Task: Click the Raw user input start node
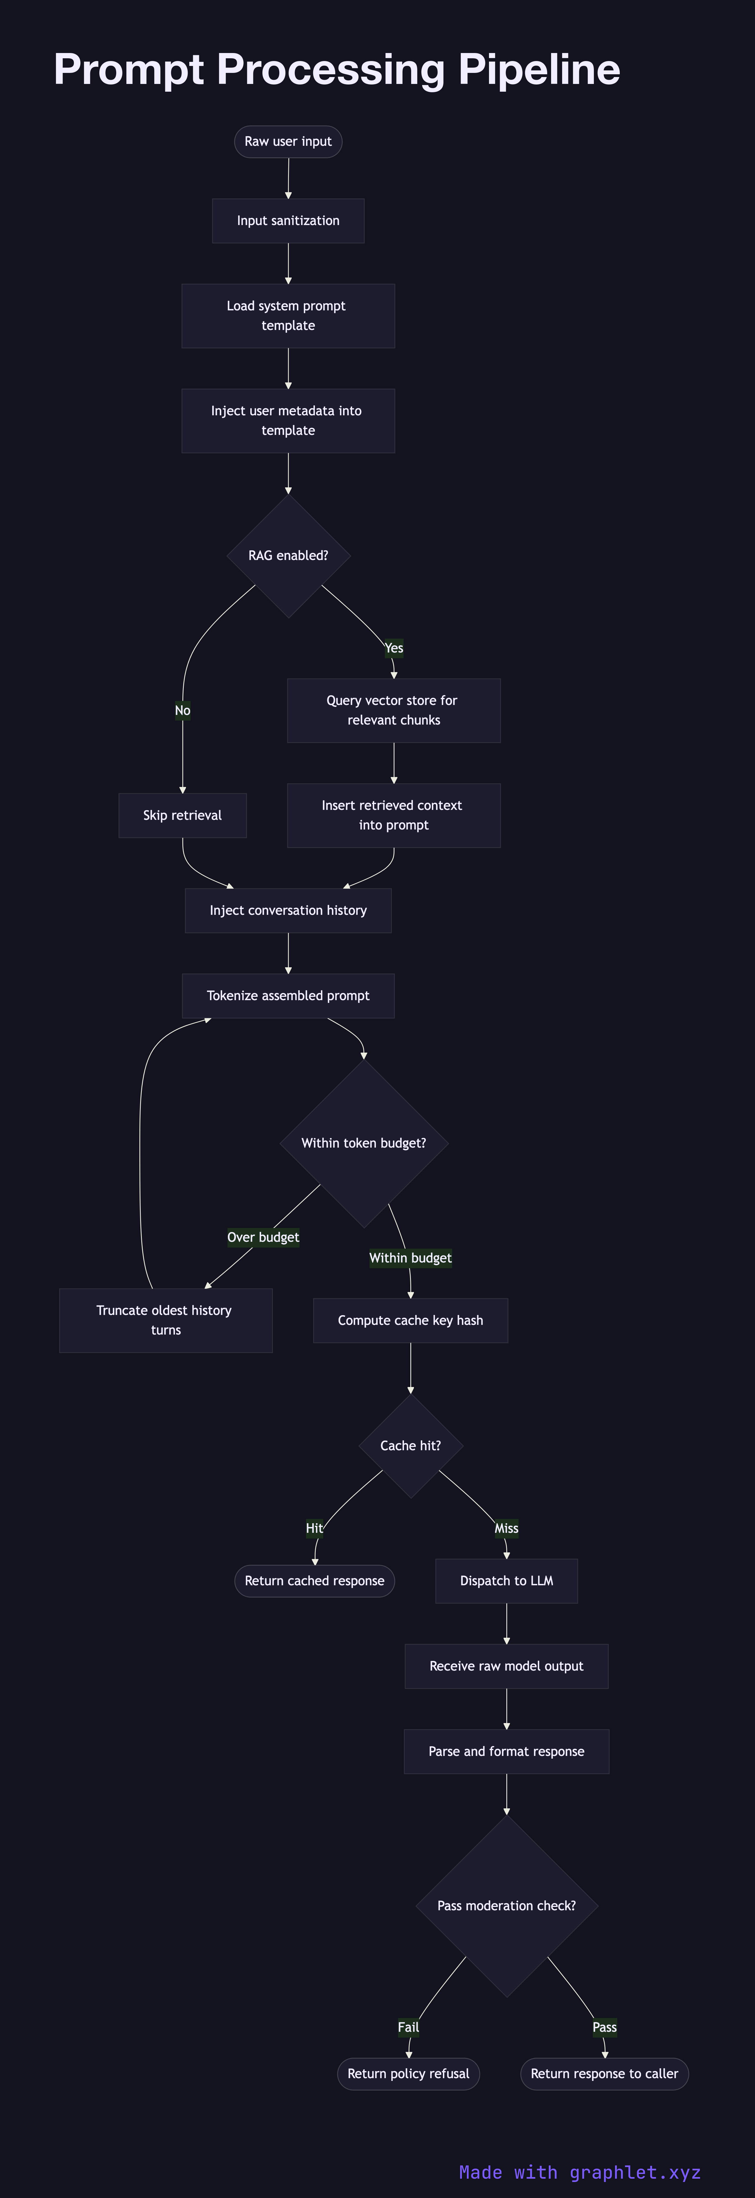pos(288,142)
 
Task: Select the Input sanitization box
pos(288,221)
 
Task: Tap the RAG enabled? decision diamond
pos(288,556)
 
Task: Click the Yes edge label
pos(393,648)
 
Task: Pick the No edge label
pos(183,710)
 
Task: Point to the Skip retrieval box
pos(183,816)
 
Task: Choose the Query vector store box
pos(393,710)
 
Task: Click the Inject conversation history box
pos(288,910)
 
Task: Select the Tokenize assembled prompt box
pos(288,996)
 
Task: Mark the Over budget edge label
pos(263,1237)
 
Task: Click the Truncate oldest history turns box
pos(166,1320)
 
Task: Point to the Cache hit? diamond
pos(410,1446)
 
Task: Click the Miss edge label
pos(506,1528)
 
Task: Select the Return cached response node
pos(314,1581)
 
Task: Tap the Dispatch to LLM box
pos(506,1581)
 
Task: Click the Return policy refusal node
pos(408,2074)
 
